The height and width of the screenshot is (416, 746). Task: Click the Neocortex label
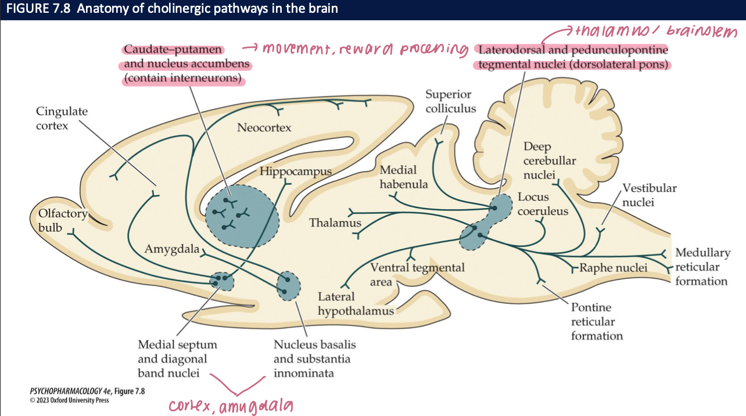pyautogui.click(x=264, y=127)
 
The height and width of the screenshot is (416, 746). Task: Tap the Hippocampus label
pyautogui.click(x=295, y=171)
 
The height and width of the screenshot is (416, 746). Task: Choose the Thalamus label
pyautogui.click(x=335, y=223)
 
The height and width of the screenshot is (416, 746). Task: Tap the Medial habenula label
pyautogui.click(x=404, y=177)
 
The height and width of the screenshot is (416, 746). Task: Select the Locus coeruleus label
pyautogui.click(x=543, y=205)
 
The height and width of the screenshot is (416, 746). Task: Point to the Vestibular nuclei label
pyautogui.click(x=650, y=195)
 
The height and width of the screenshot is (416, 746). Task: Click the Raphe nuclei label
pyautogui.click(x=613, y=268)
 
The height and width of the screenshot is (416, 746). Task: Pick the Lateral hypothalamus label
pyautogui.click(x=356, y=304)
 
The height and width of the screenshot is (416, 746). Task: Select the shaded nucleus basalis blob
pyautogui.click(x=289, y=285)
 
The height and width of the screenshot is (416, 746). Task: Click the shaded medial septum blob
pyautogui.click(x=221, y=281)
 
